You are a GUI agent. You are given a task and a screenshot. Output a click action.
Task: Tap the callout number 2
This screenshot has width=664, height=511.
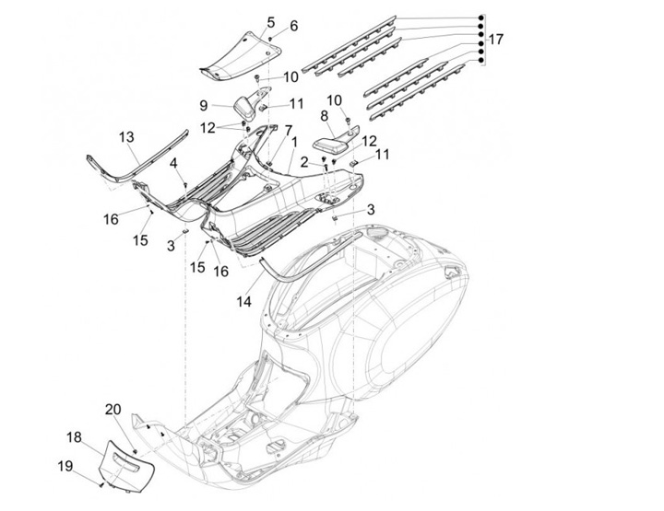coord(304,162)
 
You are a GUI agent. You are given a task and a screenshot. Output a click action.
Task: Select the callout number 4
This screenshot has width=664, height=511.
coord(172,163)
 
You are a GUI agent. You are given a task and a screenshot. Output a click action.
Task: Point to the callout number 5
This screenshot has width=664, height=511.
coord(271,21)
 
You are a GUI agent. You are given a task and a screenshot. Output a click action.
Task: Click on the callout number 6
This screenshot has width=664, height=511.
coord(294,26)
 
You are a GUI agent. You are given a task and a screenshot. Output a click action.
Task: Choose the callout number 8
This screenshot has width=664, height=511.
coord(325,116)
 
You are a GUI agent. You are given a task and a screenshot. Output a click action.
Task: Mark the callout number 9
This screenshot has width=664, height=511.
coord(203,105)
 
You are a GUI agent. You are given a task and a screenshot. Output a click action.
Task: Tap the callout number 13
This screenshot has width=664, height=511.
coord(126,137)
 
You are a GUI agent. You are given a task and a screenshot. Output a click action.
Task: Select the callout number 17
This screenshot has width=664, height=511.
coord(496,40)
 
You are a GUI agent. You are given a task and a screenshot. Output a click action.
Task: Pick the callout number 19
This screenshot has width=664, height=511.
coord(65,467)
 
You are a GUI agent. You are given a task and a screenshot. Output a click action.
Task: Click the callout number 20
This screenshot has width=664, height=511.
coord(112,409)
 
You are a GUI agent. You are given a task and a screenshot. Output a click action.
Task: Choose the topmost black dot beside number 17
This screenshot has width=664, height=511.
coord(480,18)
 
